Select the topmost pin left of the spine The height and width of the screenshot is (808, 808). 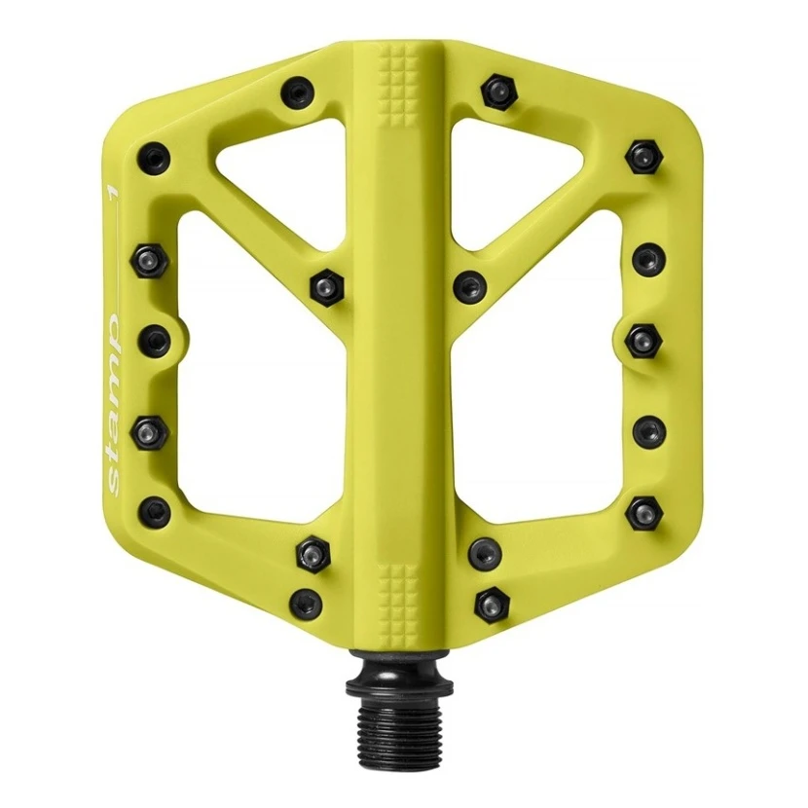(298, 92)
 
